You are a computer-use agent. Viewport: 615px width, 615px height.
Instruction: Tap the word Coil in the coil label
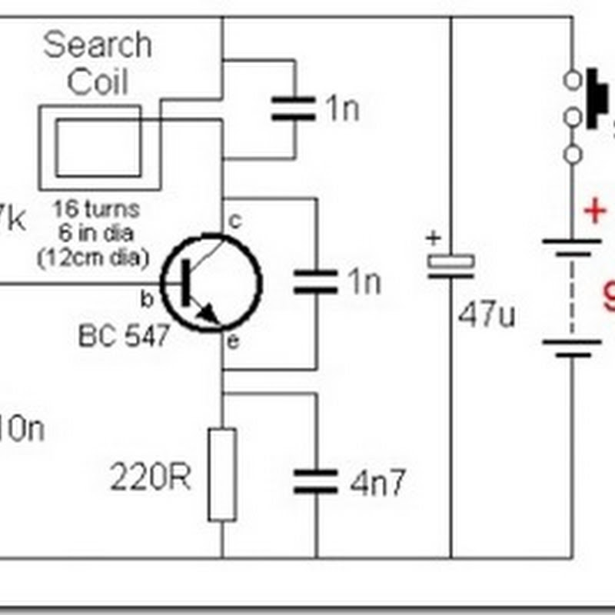click(97, 82)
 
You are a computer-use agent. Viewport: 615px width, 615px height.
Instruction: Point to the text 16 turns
click(96, 208)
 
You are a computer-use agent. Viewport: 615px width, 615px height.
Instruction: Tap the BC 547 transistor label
click(123, 335)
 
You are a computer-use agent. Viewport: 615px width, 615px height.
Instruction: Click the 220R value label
click(150, 480)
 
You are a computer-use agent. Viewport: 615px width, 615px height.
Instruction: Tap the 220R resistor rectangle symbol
click(222, 474)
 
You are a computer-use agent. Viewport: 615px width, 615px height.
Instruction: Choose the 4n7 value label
click(376, 484)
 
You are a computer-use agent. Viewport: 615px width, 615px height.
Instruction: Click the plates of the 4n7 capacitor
click(315, 480)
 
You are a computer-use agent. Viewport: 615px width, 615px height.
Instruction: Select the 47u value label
click(486, 314)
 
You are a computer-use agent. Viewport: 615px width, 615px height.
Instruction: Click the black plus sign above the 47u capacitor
click(433, 238)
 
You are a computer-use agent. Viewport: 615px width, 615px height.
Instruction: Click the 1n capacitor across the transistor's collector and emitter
click(315, 281)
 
